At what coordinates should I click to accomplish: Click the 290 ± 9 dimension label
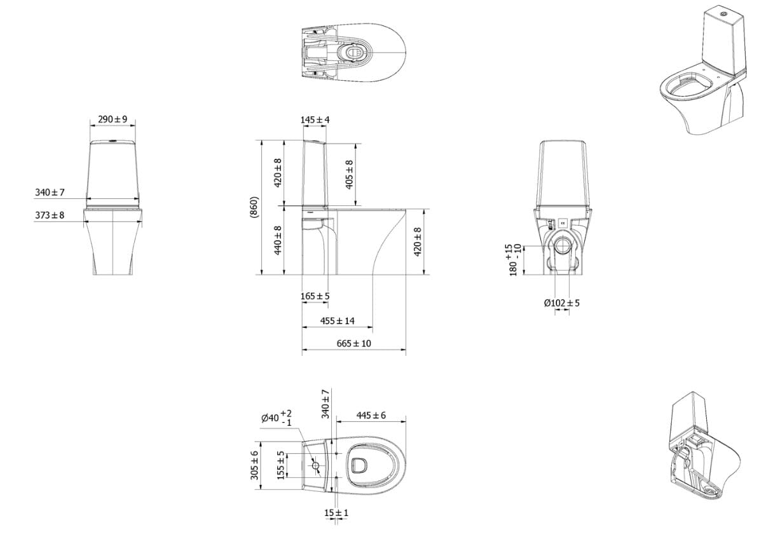click(x=113, y=119)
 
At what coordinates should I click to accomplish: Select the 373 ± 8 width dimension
click(x=50, y=215)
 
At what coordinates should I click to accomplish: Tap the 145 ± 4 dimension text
click(x=315, y=119)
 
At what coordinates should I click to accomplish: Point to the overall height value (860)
click(x=254, y=207)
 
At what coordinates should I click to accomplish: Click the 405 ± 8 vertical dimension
click(x=349, y=175)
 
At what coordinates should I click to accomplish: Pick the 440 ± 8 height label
click(x=278, y=240)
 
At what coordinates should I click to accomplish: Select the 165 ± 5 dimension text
click(x=315, y=296)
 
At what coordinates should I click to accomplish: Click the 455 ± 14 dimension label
click(x=337, y=321)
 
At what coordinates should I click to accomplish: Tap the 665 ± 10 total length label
click(x=353, y=343)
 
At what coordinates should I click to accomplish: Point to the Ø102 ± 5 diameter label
click(x=562, y=302)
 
